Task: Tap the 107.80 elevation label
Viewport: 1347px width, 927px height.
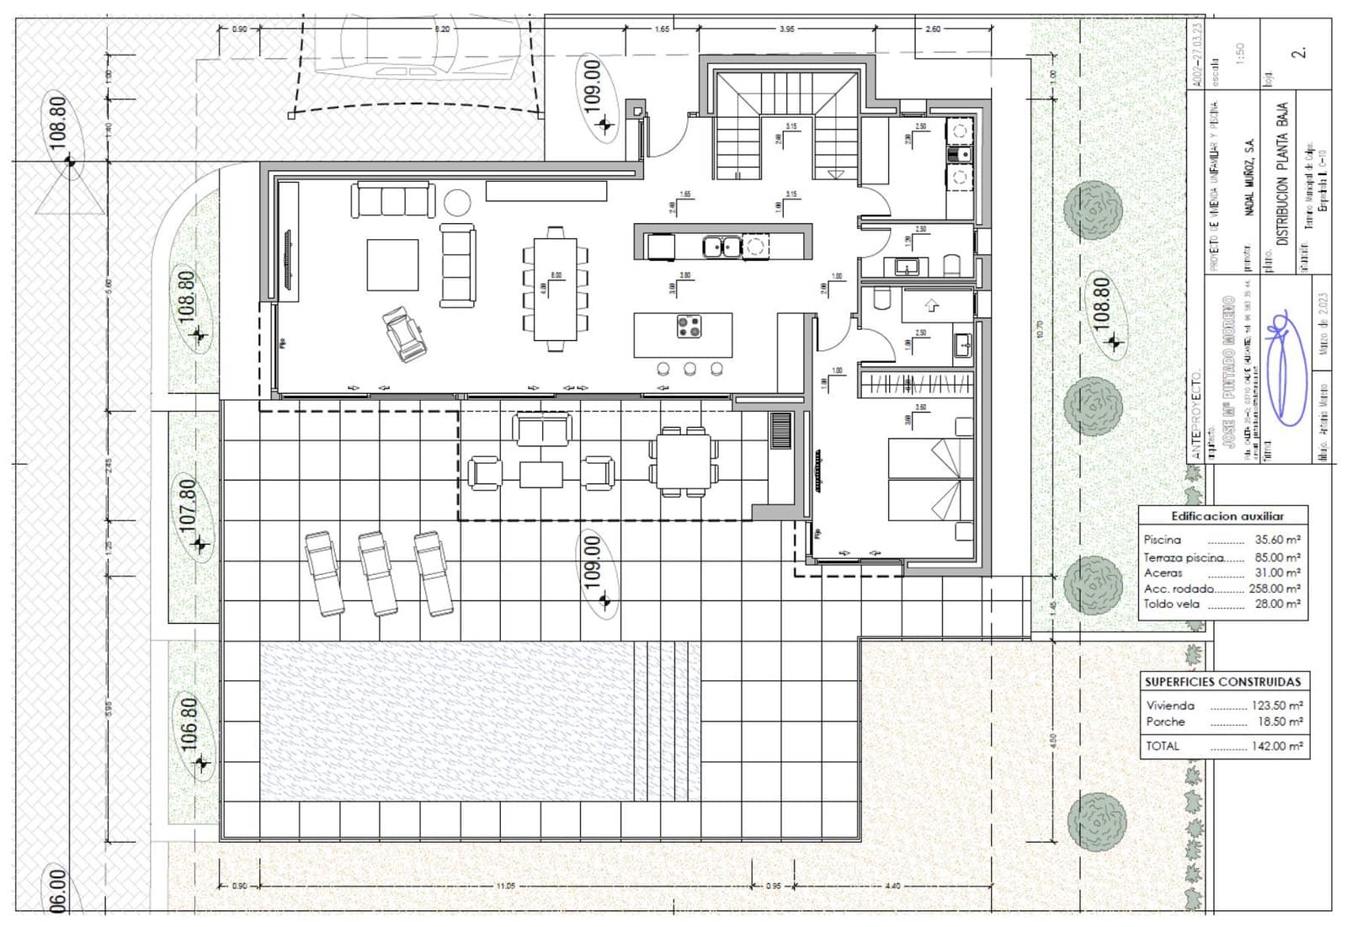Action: click(x=189, y=503)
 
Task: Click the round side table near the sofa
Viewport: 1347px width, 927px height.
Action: click(x=457, y=202)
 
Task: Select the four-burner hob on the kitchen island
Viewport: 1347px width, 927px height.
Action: click(x=689, y=326)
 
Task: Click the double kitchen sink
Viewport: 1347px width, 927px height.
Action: click(x=722, y=247)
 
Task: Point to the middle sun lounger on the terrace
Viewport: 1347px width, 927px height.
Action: click(x=377, y=573)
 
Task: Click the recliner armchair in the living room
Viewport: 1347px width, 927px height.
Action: click(x=405, y=333)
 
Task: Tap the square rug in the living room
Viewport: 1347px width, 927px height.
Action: click(x=392, y=264)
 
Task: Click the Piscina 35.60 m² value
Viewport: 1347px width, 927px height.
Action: click(x=1277, y=540)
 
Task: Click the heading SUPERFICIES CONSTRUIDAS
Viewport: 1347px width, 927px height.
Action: click(x=1222, y=681)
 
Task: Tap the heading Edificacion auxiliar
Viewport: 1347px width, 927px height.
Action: click(x=1227, y=516)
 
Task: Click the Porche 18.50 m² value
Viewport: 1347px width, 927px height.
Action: click(x=1280, y=722)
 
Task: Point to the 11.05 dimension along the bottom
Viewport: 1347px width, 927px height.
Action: click(x=505, y=885)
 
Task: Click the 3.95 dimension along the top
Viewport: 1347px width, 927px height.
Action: click(x=786, y=29)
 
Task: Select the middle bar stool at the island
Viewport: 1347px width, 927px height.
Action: click(x=689, y=368)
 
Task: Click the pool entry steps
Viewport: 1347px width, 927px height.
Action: click(x=667, y=720)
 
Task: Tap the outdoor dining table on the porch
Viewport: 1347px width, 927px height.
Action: click(x=684, y=461)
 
